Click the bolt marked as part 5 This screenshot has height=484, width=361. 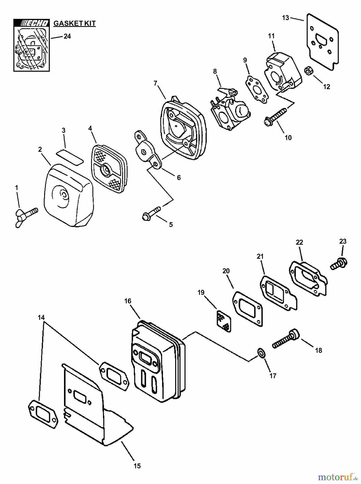coord(151,213)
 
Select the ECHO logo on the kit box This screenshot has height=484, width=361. coord(31,23)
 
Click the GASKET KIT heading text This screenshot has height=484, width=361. coord(75,23)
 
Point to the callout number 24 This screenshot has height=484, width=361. coord(67,36)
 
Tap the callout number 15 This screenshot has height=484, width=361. coord(137,466)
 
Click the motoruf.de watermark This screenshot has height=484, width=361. coord(338,476)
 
